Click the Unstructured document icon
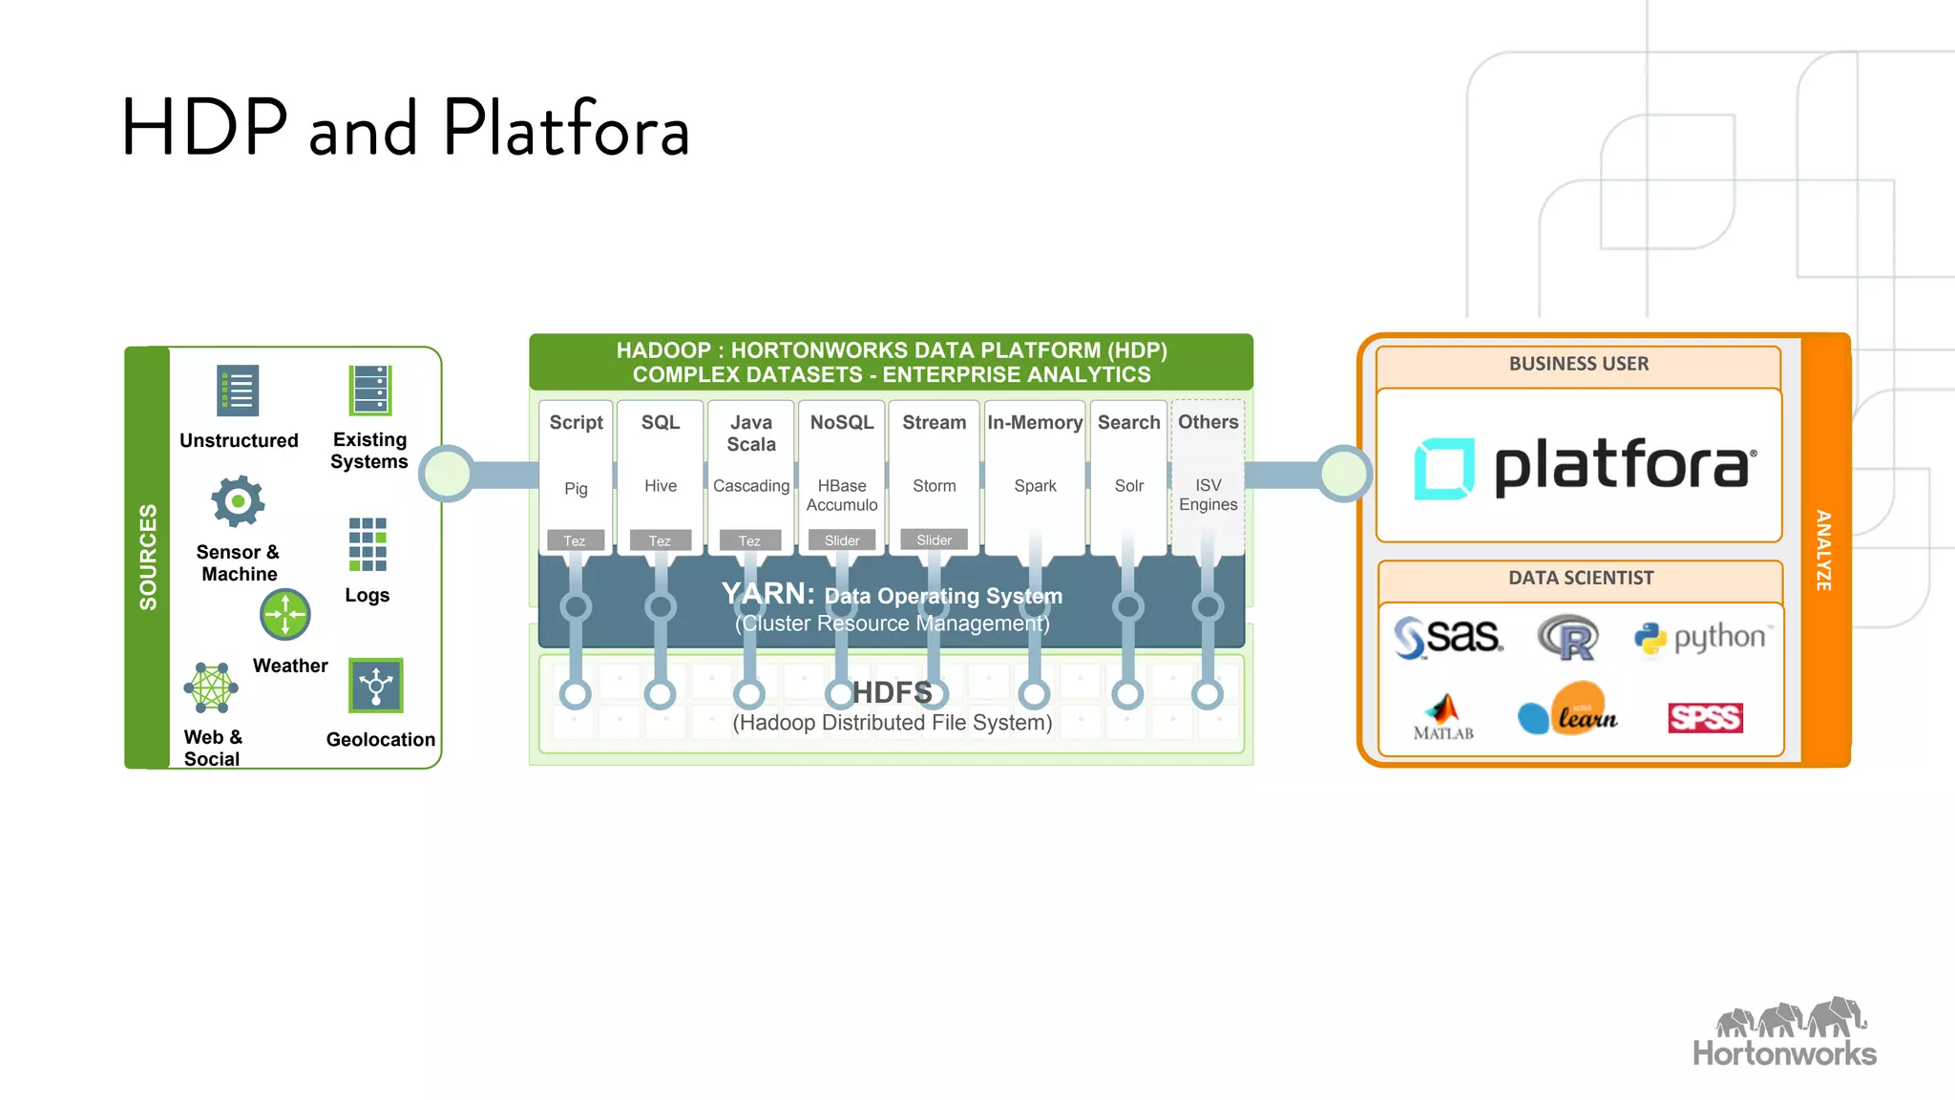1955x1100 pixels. (x=238, y=391)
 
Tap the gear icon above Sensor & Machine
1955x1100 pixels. (x=238, y=501)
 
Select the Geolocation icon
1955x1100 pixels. (x=375, y=686)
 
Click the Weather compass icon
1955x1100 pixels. (x=285, y=614)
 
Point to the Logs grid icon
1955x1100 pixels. (x=368, y=543)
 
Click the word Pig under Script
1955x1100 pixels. (x=576, y=489)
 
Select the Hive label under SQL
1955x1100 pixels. (x=660, y=486)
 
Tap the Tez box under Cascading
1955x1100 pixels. (x=749, y=540)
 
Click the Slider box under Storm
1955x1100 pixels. (x=934, y=539)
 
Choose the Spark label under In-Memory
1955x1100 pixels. (x=1035, y=486)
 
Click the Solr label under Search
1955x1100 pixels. (x=1128, y=486)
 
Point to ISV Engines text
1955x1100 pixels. (x=1208, y=495)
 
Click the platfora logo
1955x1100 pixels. (x=1585, y=468)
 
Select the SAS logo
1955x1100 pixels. (x=1448, y=637)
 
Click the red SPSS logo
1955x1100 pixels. (x=1705, y=717)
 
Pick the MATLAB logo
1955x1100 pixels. (x=1443, y=717)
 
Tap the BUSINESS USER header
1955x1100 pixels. (x=1578, y=364)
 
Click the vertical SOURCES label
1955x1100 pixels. (x=148, y=557)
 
